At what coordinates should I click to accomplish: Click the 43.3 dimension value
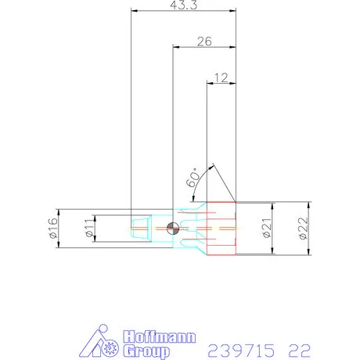[x=183, y=5]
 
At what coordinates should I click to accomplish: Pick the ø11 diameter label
[x=89, y=229]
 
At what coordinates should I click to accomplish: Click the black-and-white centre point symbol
[x=173, y=229]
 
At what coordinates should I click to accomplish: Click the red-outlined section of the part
[x=221, y=229]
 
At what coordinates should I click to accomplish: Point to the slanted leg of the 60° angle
[x=224, y=185]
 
